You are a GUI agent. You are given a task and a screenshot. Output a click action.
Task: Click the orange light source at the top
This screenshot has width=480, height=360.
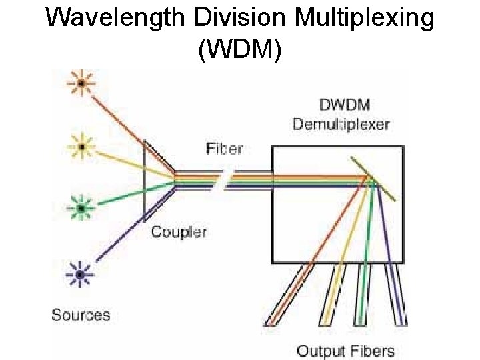(81, 83)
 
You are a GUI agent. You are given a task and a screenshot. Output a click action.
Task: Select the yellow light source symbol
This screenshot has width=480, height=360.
(81, 145)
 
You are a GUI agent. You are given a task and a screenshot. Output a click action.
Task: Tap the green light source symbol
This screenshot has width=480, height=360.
(81, 209)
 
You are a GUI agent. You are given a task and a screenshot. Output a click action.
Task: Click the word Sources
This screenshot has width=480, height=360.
(81, 315)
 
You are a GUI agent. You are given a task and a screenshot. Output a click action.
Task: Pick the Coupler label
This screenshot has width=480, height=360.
(179, 232)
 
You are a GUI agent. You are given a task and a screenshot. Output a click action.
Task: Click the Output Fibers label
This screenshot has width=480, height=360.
(345, 351)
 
